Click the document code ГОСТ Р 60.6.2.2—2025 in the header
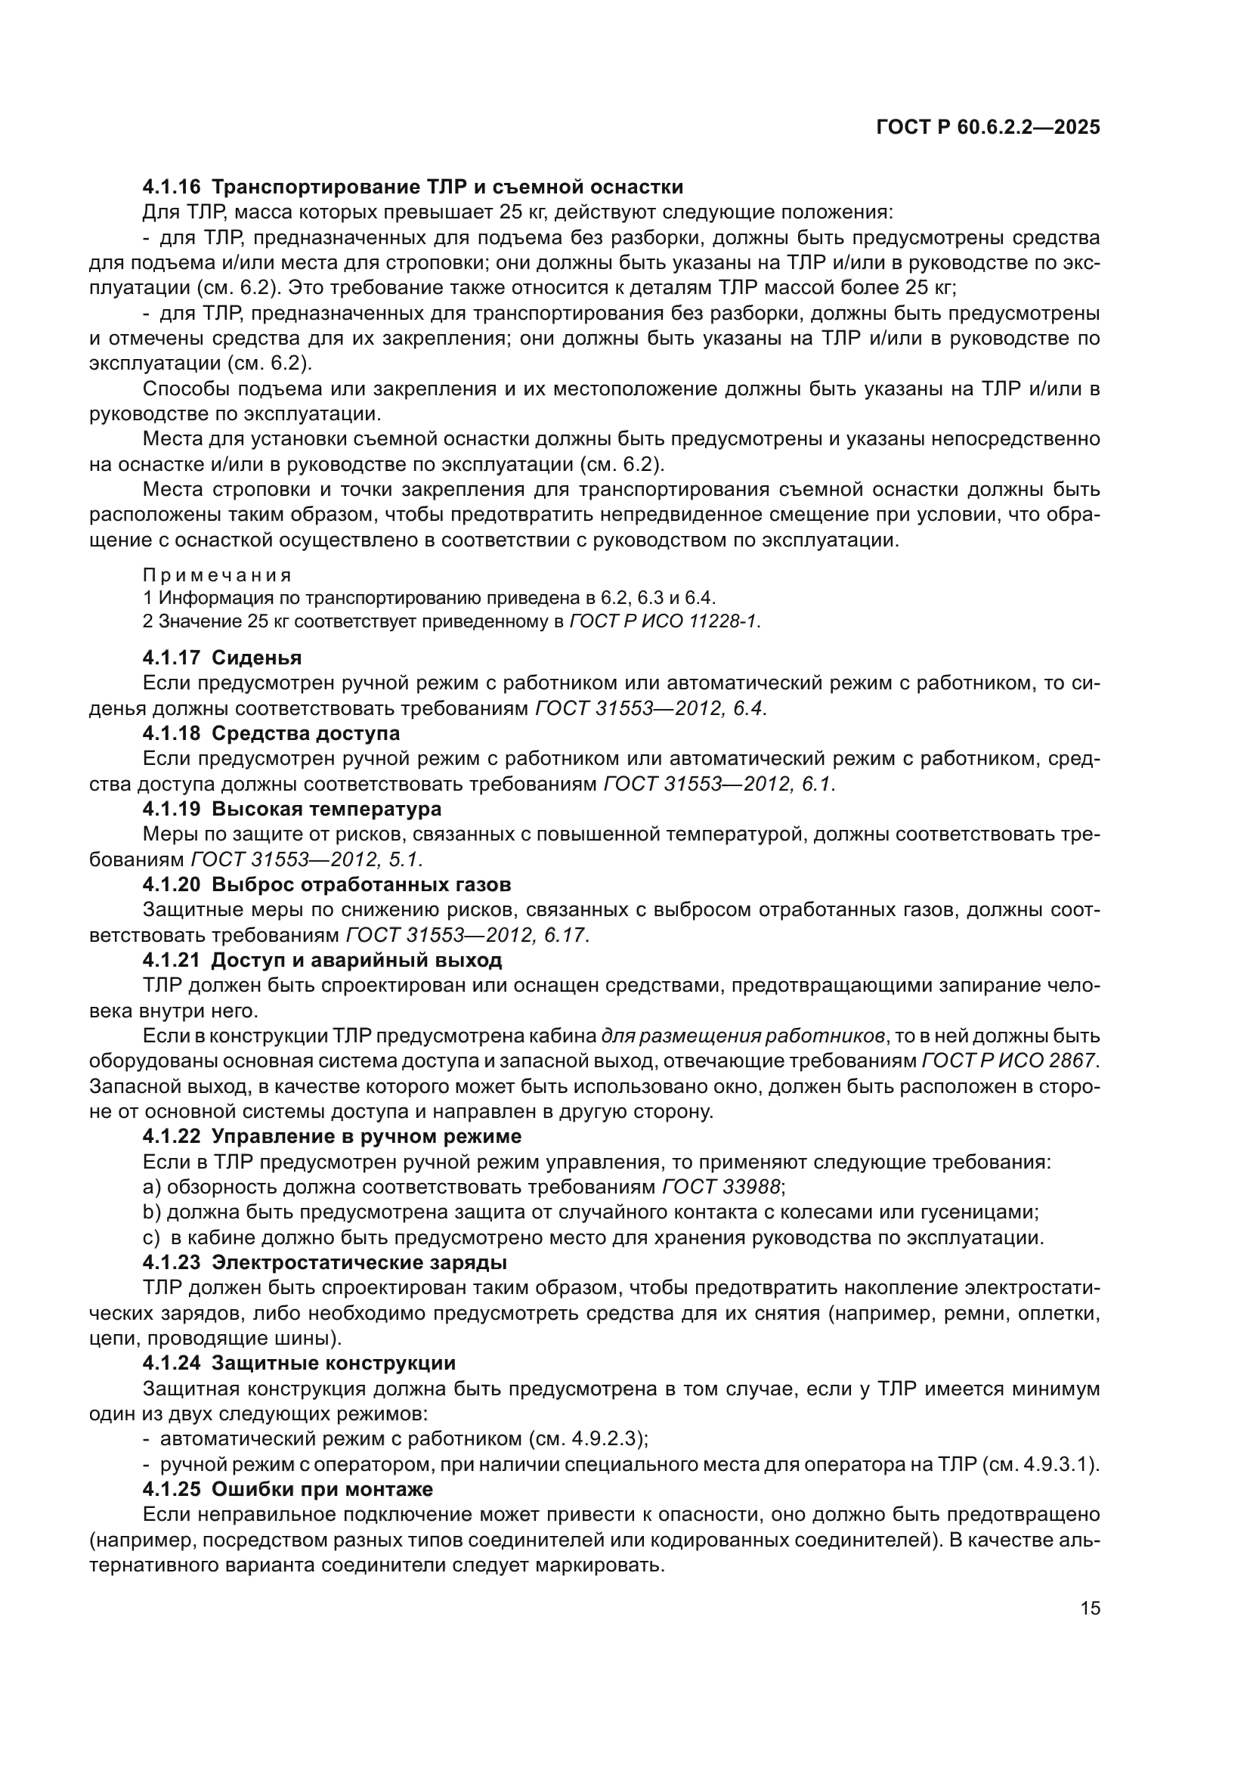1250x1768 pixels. pos(989,128)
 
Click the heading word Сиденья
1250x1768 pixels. pos(256,658)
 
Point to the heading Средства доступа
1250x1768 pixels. pos(305,733)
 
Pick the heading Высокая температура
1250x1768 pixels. pos(326,809)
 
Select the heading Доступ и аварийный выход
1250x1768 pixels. pos(357,960)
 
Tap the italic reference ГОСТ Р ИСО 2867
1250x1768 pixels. pos(1009,1061)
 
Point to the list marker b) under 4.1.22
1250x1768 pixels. pos(151,1212)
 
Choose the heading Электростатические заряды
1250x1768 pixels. pos(359,1263)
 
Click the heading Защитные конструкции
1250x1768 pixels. pos(333,1363)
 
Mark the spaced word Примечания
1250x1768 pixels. pos(217,575)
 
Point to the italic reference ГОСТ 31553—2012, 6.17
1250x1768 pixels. pos(466,935)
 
